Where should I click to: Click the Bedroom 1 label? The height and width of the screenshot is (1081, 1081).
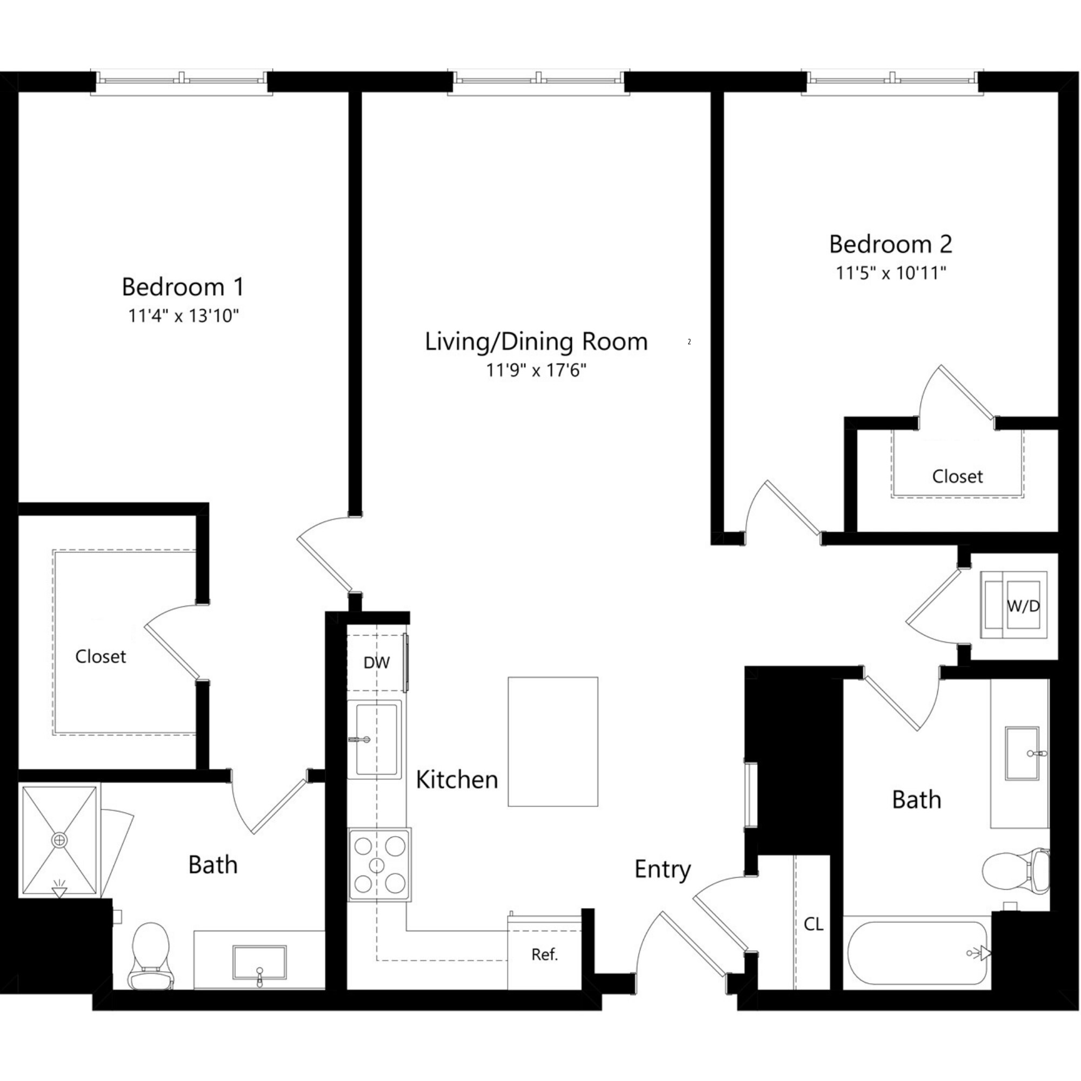point(183,287)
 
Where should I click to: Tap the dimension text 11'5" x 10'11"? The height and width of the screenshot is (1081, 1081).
point(890,273)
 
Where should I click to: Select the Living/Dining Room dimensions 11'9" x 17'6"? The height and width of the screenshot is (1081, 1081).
point(536,370)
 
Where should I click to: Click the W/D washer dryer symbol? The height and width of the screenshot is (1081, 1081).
point(1013,605)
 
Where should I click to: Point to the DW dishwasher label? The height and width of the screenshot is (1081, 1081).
point(376,663)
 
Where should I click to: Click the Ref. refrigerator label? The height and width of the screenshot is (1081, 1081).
point(544,955)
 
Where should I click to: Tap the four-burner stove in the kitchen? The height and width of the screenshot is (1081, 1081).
point(379,864)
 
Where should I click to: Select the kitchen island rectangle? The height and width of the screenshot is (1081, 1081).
point(552,742)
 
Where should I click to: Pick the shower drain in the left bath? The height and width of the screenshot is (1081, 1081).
point(59,840)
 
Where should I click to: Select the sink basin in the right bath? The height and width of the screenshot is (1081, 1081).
point(1022,753)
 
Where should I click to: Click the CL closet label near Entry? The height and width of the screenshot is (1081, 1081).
point(813,924)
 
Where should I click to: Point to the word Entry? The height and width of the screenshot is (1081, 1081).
point(663,870)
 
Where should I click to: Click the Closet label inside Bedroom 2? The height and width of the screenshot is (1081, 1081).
point(957,476)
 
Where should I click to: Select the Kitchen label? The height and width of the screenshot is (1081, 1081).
point(457,779)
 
